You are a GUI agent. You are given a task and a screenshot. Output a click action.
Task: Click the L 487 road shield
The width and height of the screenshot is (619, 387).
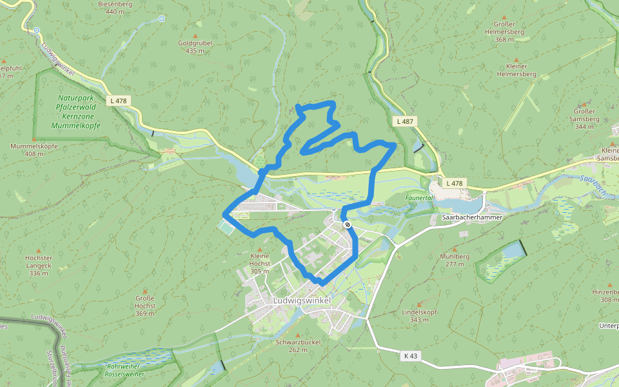405,121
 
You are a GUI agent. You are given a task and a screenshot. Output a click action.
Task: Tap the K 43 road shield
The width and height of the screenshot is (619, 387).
411,355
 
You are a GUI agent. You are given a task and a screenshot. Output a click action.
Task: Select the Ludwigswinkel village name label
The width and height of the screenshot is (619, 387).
301,301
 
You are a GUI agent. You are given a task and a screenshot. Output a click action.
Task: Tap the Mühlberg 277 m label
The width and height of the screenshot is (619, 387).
455,260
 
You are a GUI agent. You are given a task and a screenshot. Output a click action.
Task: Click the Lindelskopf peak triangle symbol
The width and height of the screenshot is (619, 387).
419,304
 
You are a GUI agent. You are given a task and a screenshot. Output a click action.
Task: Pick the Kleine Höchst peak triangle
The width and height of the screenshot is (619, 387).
260,250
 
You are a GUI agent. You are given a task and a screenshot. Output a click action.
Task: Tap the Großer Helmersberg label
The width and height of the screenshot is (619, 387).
504,32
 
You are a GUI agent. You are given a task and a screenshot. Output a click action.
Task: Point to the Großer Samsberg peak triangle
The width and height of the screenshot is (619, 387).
584,103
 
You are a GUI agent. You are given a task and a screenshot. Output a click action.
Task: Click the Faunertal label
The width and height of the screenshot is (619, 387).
418,198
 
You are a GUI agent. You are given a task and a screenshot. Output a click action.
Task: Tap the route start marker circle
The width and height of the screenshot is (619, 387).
348,224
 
